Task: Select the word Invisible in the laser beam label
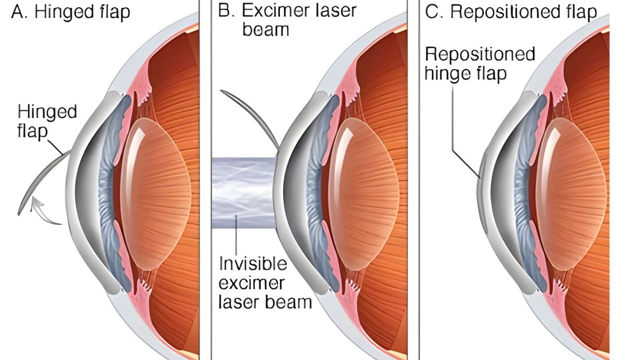click(253, 264)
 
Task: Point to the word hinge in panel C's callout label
click(446, 73)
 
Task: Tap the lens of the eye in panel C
click(571, 192)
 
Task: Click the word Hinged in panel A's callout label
click(47, 112)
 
